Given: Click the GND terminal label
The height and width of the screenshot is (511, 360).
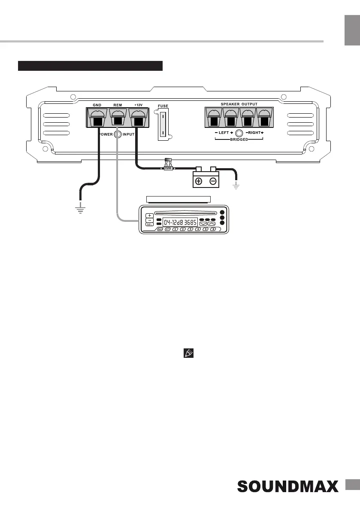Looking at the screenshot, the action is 97,104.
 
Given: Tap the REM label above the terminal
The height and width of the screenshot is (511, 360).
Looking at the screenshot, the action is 118,104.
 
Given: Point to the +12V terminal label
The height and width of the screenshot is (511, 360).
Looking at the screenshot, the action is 139,104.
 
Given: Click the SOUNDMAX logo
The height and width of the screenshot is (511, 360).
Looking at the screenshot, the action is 287,487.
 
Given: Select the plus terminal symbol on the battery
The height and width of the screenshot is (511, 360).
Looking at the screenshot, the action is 199,181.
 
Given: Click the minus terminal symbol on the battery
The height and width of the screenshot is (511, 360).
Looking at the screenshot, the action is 213,181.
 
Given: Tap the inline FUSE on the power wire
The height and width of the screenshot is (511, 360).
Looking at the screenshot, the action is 169,168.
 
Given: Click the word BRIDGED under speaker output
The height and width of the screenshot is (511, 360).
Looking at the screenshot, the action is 239,140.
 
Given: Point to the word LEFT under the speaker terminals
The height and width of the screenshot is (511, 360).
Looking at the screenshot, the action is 224,133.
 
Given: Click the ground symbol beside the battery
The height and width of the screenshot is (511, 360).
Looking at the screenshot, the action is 236,185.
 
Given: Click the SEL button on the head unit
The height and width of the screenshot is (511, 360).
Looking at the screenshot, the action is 149,224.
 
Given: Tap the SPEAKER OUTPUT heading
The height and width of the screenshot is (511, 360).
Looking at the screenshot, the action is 239,104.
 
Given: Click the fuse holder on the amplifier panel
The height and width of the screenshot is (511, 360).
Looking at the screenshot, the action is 163,124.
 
